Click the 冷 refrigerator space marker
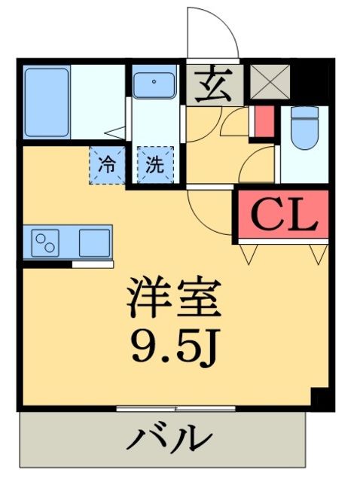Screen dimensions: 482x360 coord(108,164)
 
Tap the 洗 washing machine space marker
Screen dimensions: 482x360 coord(154,164)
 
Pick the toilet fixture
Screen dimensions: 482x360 coord(306,130)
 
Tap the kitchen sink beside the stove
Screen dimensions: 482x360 coord(94,243)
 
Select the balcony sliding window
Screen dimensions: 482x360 coord(176,408)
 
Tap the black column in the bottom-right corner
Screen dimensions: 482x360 coord(320,397)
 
